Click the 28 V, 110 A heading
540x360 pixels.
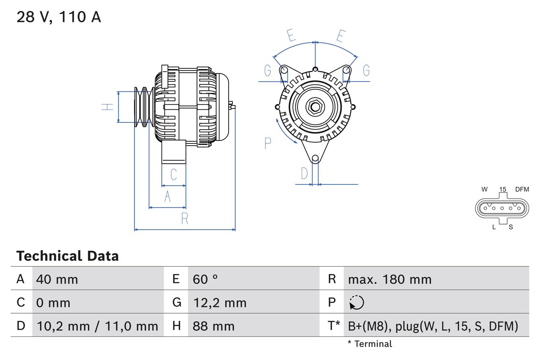(59, 17)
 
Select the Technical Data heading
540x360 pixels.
(67, 256)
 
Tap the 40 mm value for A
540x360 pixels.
(57, 279)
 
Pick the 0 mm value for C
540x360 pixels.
(53, 303)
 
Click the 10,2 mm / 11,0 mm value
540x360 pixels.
(97, 326)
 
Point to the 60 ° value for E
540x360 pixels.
(205, 279)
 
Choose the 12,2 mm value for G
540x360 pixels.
(219, 303)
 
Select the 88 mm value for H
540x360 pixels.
(213, 326)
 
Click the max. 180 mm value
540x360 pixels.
(389, 279)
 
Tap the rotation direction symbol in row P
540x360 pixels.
(356, 303)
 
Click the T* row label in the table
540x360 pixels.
(334, 326)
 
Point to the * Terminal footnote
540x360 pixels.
(370, 344)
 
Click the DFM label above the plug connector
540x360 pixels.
(522, 189)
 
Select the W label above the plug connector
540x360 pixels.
(485, 189)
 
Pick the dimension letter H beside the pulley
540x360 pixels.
(108, 107)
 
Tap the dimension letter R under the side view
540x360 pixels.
(184, 219)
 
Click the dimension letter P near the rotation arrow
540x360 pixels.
(267, 143)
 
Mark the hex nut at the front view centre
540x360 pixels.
(315, 107)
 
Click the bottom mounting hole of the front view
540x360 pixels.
(315, 159)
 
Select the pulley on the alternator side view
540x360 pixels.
(143, 107)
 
